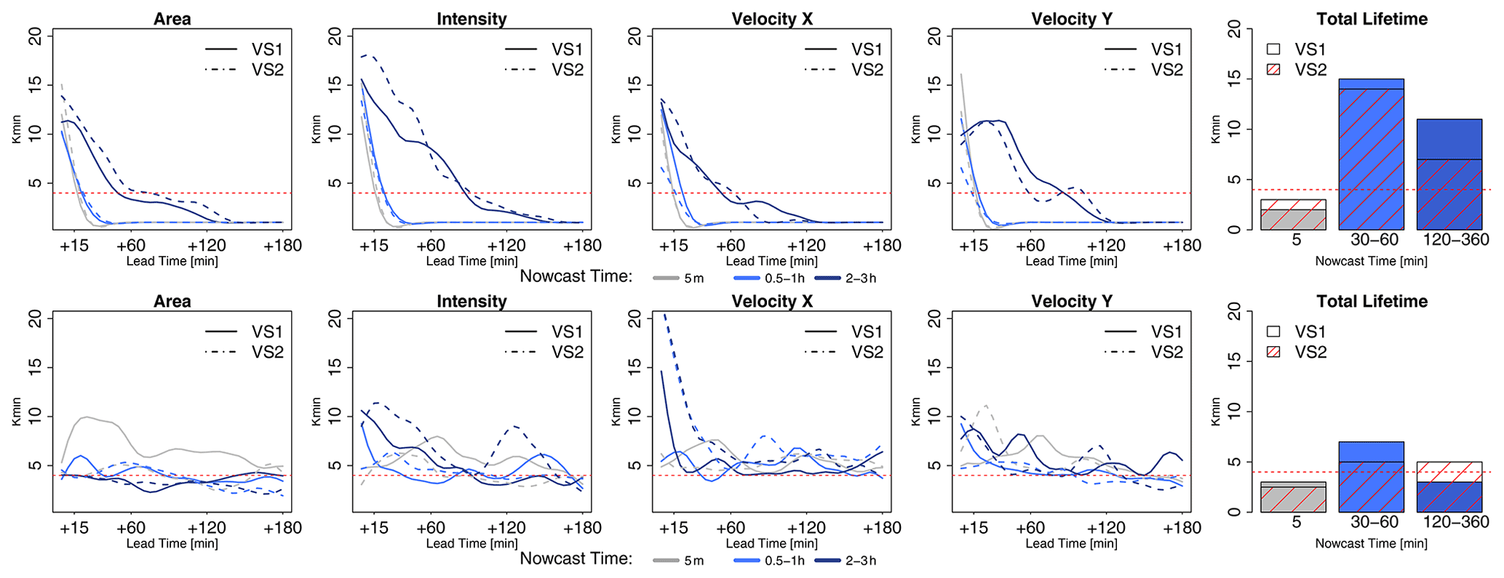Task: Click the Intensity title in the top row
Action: coord(472,19)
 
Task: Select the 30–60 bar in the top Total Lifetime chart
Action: coord(1371,154)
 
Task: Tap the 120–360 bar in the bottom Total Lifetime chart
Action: coord(1449,487)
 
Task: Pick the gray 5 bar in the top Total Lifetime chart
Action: coord(1293,215)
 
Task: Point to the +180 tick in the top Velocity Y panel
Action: coord(1182,246)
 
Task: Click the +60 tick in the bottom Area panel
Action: coord(131,528)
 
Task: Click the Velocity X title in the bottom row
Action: coord(772,301)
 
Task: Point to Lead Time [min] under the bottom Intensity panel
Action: coord(472,543)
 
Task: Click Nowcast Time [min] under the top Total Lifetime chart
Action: coord(1371,261)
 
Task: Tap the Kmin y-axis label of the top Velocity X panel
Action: coord(616,129)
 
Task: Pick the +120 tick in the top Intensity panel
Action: coord(506,246)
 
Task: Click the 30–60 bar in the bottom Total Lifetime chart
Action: coord(1371,477)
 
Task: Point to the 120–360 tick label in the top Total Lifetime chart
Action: coord(1455,240)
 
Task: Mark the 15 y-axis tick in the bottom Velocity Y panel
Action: coord(934,367)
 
